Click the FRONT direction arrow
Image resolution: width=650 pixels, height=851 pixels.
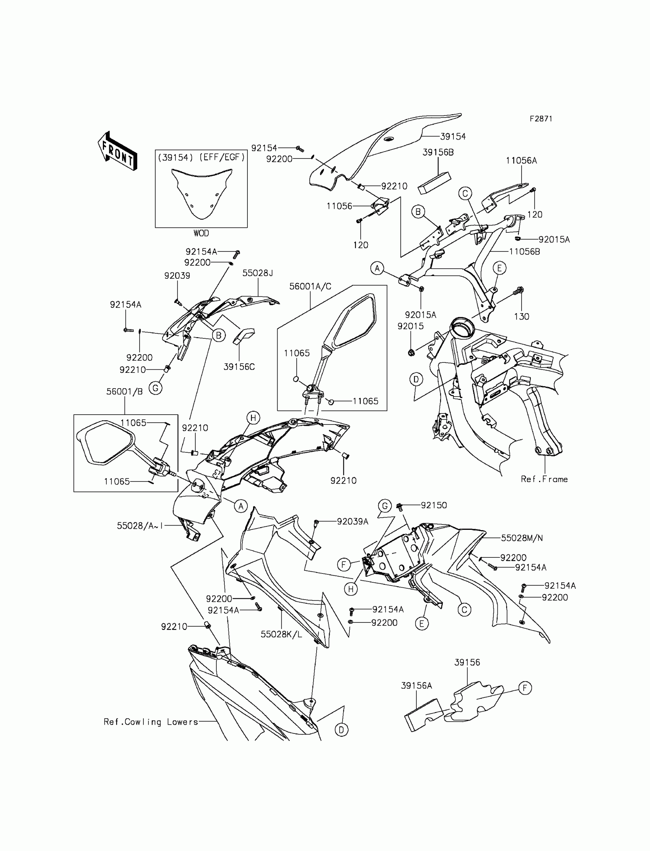(117, 152)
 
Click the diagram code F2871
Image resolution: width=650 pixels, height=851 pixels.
(541, 119)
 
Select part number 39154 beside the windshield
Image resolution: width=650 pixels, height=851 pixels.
(453, 136)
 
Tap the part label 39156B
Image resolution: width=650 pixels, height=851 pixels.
(438, 152)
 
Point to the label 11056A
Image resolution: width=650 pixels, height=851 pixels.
(521, 160)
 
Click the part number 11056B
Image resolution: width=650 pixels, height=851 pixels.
(524, 252)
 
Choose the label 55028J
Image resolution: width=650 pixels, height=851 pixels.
(258, 273)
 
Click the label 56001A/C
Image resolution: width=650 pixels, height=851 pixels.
(310, 286)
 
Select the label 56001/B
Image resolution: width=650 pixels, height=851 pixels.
(125, 392)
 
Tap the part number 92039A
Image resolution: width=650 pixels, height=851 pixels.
(353, 521)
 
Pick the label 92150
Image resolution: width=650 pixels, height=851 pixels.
(434, 505)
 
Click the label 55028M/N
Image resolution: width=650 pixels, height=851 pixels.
(522, 538)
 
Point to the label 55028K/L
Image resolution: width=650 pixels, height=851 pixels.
(281, 634)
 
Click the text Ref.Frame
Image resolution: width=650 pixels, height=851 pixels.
(544, 479)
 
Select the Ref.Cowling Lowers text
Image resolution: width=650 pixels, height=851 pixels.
(151, 722)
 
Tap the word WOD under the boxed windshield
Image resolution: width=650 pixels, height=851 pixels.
(201, 233)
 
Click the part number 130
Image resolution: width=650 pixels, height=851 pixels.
(521, 317)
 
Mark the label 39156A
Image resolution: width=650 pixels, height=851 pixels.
(416, 685)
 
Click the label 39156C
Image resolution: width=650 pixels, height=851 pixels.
(239, 366)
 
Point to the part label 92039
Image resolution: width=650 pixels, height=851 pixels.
(177, 276)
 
